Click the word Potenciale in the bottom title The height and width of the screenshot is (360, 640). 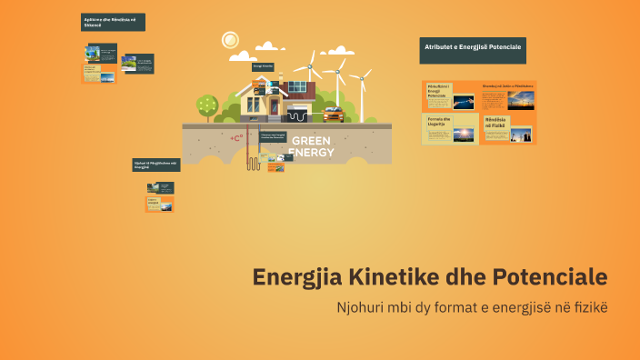pyautogui.click(x=549, y=276)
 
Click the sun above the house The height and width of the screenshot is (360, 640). pyautogui.click(x=230, y=40)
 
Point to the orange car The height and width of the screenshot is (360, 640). pyautogui.click(x=333, y=115)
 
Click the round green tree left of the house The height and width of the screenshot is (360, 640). pyautogui.click(x=207, y=104)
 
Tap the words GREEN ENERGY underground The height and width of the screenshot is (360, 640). pyautogui.click(x=311, y=146)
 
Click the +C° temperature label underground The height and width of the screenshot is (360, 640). pyautogui.click(x=236, y=139)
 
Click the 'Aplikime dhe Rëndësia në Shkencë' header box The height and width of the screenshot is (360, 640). pyautogui.click(x=113, y=23)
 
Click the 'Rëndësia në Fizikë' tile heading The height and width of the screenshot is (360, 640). pyautogui.click(x=496, y=122)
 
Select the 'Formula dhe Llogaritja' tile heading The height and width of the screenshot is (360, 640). pyautogui.click(x=440, y=122)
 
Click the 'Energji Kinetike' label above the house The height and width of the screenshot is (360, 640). pyautogui.click(x=263, y=66)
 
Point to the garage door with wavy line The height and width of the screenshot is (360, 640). pyautogui.click(x=298, y=115)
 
